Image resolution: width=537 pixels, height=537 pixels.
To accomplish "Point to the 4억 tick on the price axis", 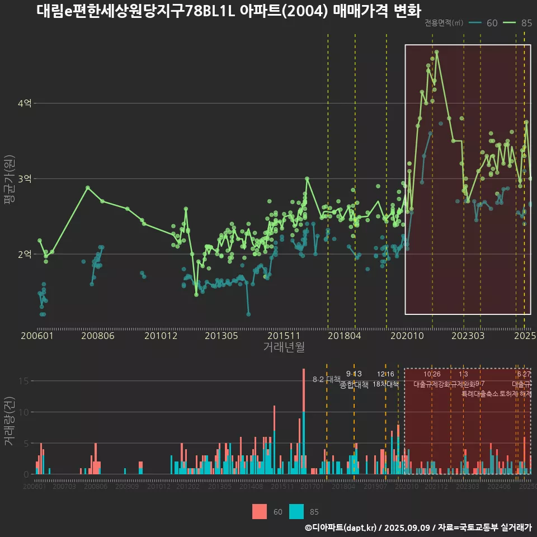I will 25,103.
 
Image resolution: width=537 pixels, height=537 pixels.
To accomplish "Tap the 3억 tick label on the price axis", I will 25,179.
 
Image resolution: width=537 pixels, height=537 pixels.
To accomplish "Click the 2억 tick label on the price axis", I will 25,255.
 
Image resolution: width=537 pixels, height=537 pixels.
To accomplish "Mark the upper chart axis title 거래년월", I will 284,347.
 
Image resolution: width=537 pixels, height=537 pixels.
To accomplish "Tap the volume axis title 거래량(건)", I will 10,422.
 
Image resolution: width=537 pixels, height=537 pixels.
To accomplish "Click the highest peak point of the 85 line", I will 436,52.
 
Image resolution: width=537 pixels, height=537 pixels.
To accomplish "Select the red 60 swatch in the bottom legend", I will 260,511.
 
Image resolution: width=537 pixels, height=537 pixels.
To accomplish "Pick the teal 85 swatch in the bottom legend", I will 296,511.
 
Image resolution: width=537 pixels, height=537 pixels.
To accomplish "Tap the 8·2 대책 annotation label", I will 326,379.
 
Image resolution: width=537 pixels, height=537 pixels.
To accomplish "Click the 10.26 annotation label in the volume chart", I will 432,374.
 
